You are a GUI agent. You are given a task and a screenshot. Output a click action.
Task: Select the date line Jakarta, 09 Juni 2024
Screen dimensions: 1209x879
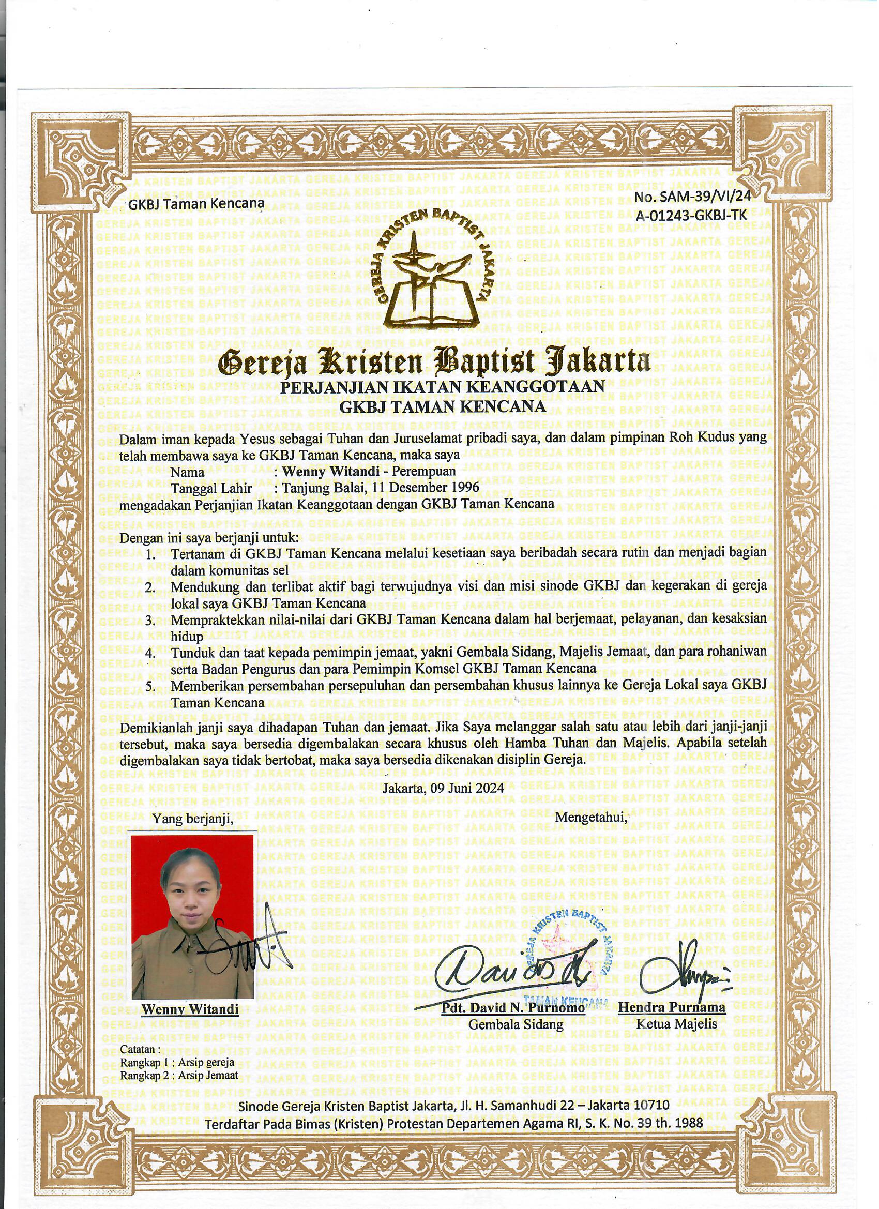444,789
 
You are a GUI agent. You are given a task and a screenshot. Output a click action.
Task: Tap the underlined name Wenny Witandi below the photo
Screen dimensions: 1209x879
190,1008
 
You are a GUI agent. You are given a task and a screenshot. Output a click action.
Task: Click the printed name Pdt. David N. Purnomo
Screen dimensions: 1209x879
513,1008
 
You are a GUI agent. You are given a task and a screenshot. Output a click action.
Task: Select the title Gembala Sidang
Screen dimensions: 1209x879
516,1024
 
